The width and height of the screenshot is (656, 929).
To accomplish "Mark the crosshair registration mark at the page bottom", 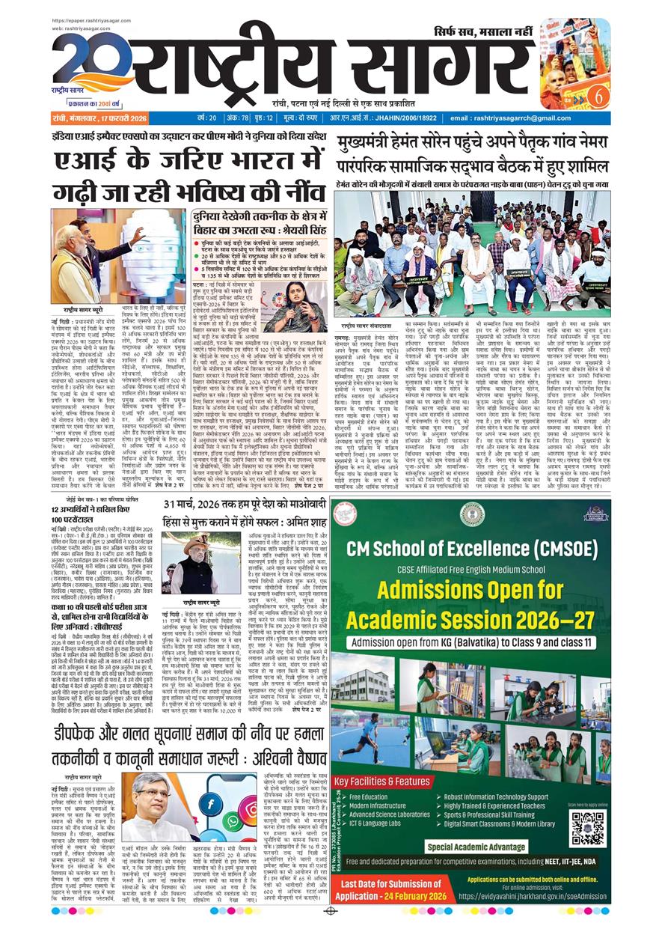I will (x=328, y=911).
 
